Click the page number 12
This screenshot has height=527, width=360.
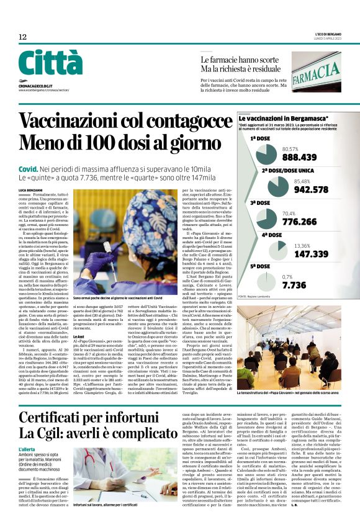[22, 37]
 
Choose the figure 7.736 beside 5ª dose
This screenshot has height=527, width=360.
[294, 286]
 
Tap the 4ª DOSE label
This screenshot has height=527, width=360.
[272, 235]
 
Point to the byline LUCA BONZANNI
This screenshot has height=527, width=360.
[30, 189]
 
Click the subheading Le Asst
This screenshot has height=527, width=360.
[78, 336]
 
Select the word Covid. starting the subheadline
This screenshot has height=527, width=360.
[29, 169]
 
